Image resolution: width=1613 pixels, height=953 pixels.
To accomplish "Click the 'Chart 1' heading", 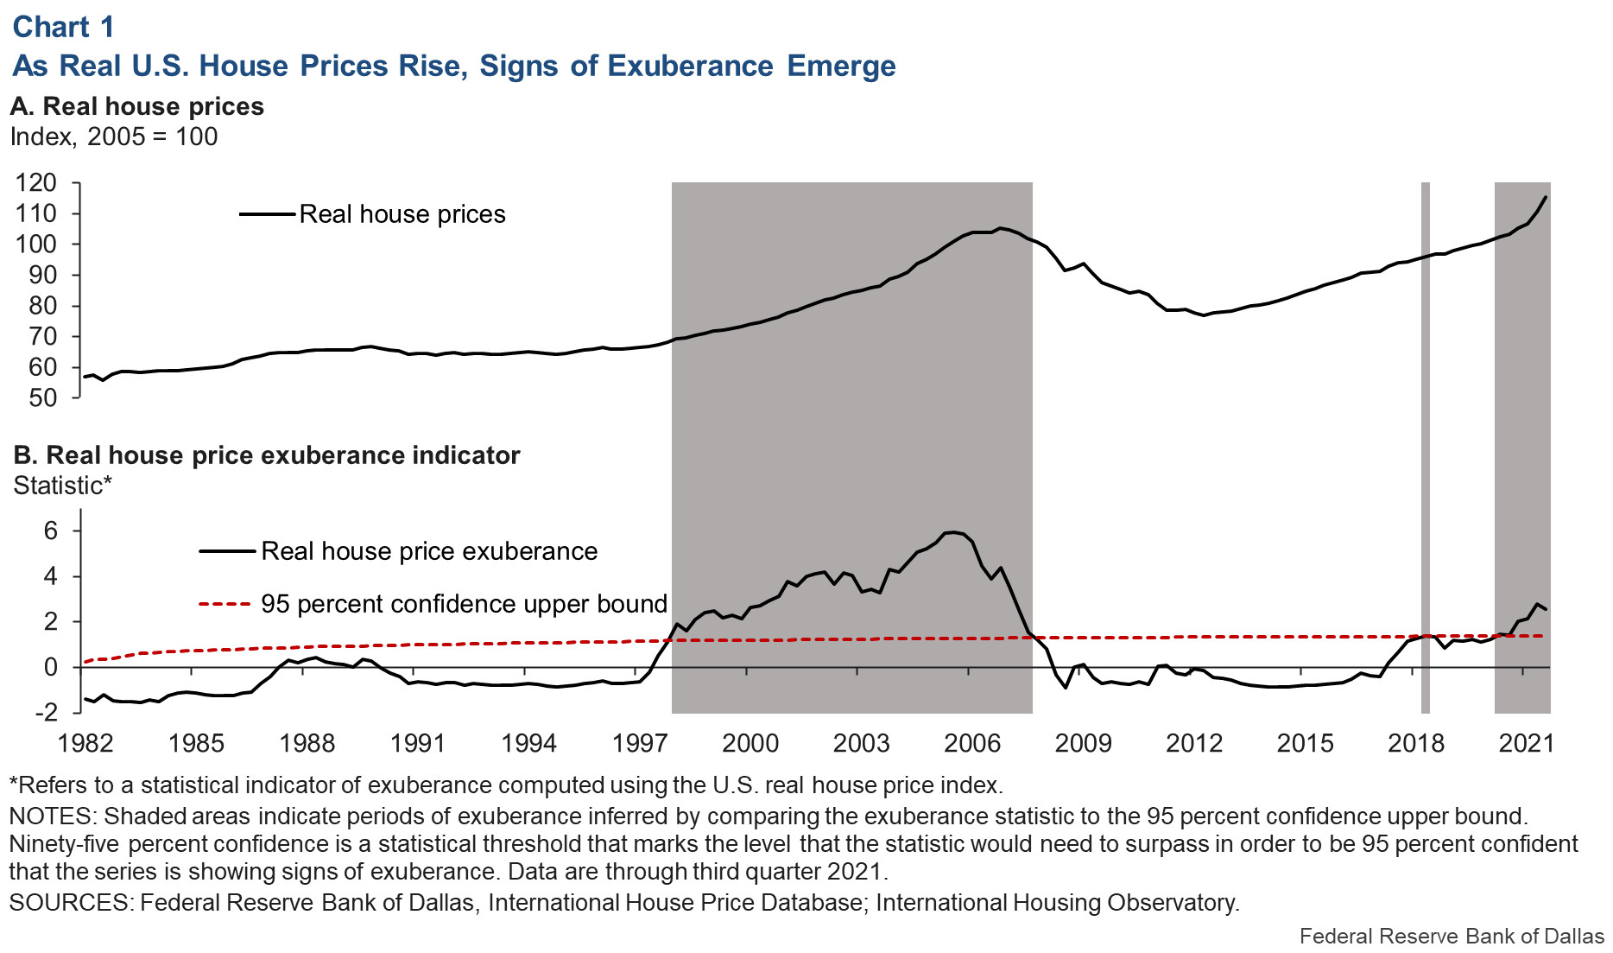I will [63, 27].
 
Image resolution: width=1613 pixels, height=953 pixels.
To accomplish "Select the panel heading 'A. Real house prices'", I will [136, 106].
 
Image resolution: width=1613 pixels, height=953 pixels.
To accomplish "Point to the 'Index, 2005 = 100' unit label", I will [113, 137].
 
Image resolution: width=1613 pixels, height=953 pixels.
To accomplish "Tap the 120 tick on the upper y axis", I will [35, 182].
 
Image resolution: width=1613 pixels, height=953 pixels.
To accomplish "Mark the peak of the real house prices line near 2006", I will [999, 228].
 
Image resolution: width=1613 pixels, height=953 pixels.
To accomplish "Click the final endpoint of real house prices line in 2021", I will [1545, 197].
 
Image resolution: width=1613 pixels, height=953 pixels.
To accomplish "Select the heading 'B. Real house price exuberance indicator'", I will [267, 455].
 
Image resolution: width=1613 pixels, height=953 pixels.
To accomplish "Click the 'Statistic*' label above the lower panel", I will [62, 486].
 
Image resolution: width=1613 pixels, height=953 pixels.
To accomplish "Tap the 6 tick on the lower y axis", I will [50, 531].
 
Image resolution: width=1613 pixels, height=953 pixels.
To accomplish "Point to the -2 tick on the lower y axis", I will [46, 713].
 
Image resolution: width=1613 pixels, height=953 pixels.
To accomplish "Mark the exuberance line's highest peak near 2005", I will [952, 532].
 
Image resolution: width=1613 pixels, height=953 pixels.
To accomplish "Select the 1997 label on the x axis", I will [639, 743].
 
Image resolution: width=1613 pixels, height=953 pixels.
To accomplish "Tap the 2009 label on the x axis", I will [1083, 743].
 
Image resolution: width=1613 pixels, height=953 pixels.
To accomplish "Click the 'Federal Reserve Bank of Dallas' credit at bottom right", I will [1451, 937].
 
